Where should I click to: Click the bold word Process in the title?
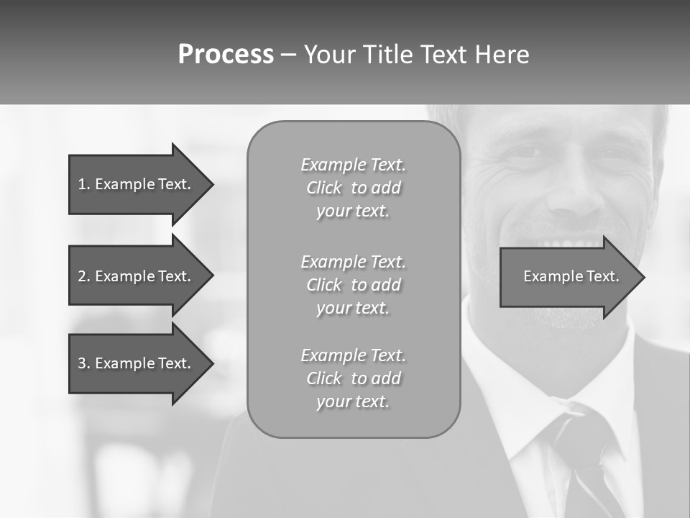pos(226,55)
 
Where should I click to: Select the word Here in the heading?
pos(502,55)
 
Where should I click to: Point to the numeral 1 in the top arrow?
pos(81,184)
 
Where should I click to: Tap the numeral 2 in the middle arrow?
pos(81,276)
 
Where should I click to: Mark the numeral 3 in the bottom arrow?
pos(81,363)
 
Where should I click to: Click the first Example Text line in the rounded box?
pos(353,165)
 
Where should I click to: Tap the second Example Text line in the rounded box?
pos(353,262)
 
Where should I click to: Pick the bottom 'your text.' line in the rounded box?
pos(353,401)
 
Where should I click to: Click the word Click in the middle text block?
pos(324,285)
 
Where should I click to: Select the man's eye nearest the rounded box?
pos(527,152)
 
